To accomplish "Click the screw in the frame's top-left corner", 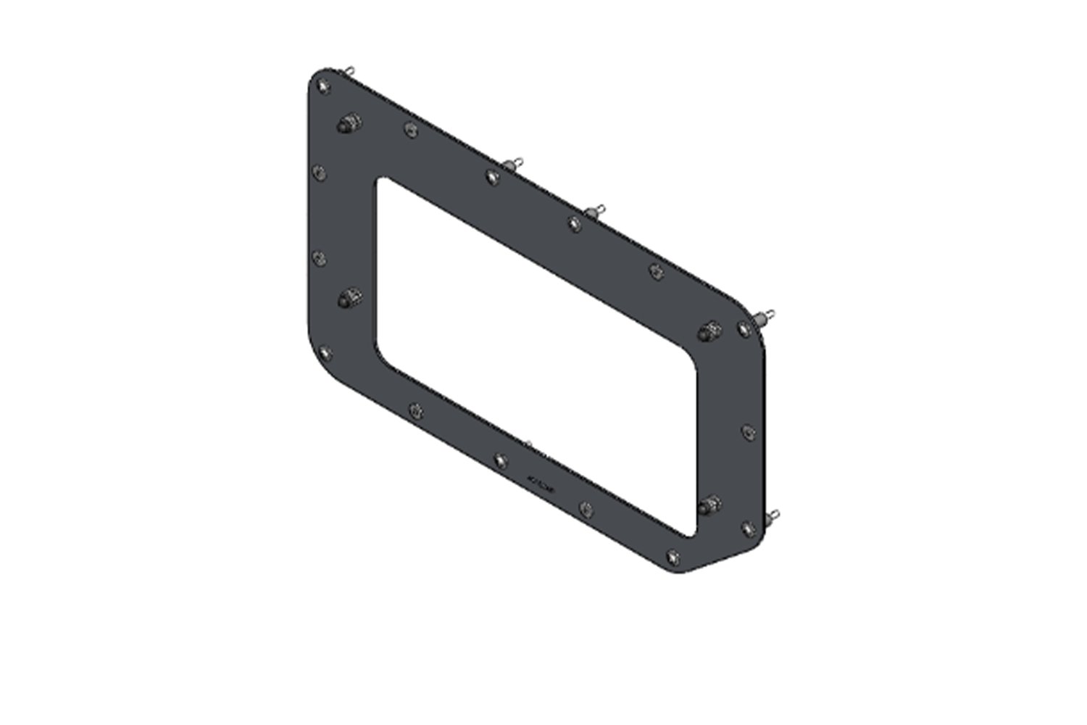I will (323, 86).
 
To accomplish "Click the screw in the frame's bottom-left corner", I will (325, 353).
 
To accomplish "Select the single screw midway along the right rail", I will (749, 432).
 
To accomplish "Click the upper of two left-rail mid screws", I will (319, 173).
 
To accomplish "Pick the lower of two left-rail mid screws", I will (319, 258).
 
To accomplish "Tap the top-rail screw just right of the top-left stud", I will (411, 130).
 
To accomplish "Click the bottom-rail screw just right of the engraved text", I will (586, 509).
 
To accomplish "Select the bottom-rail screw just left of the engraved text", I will (501, 460).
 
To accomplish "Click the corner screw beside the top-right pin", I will (744, 330).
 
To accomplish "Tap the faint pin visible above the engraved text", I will (528, 443).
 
